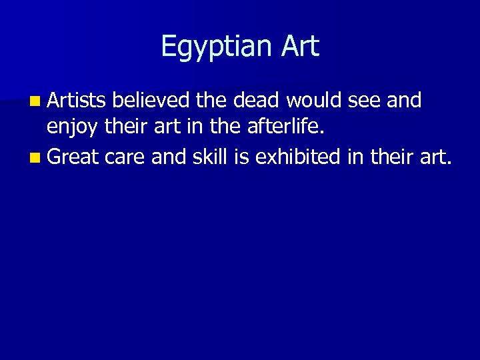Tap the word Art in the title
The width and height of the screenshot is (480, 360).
[299, 45]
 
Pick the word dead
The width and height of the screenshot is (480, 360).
[261, 101]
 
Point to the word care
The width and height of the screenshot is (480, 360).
[124, 158]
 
